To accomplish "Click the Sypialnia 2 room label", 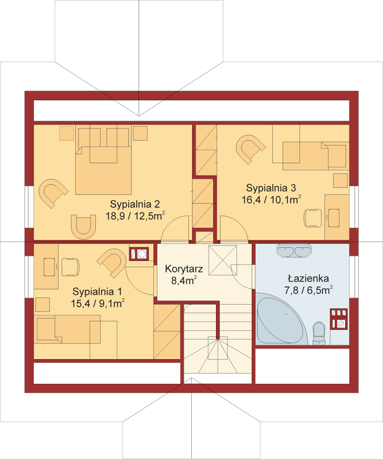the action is [x=135, y=204].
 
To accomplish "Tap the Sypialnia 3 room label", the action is [x=271, y=188].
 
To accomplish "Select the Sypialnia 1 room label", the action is [x=97, y=291].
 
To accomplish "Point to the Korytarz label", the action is [x=184, y=269].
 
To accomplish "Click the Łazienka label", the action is [x=308, y=278].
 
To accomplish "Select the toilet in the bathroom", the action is [x=319, y=333].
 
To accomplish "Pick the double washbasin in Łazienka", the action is [x=293, y=251].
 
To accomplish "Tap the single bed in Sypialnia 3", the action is [x=316, y=156].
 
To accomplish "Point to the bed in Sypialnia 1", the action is [x=69, y=329].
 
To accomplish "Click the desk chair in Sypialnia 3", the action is [x=312, y=218].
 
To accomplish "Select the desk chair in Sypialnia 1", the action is [x=71, y=267].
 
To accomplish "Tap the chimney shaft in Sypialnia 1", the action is [x=139, y=254].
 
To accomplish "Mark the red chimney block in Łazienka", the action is [x=339, y=318].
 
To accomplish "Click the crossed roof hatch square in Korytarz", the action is [x=223, y=260].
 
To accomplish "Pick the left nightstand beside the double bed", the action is [x=67, y=134].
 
